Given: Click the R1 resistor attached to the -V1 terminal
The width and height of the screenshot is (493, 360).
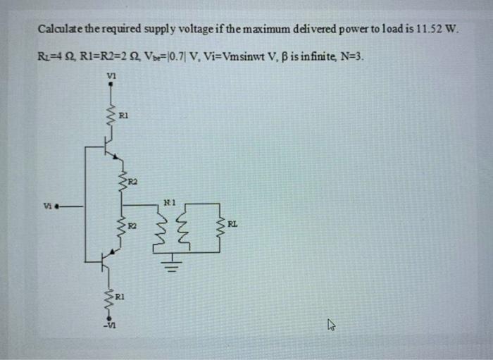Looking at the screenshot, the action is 110,298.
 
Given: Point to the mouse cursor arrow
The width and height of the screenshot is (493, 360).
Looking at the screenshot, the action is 335,326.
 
